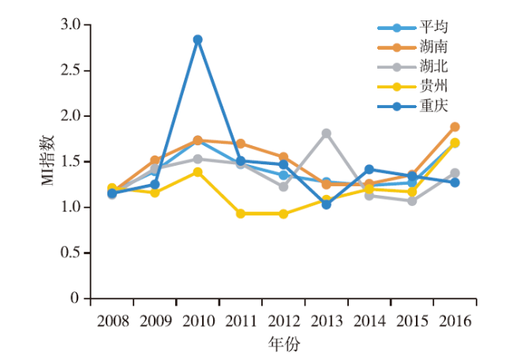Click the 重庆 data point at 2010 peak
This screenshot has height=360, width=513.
[197, 39]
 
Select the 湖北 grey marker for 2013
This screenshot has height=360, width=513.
[326, 133]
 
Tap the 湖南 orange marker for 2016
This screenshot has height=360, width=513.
[455, 127]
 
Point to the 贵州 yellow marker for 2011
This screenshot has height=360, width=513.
[240, 214]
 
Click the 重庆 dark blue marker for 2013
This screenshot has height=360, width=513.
[326, 204]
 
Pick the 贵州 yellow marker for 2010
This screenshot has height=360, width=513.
[197, 172]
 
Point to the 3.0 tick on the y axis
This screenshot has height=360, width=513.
[71, 25]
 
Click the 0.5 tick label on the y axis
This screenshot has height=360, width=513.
[71, 253]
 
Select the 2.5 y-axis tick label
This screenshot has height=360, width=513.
[71, 70]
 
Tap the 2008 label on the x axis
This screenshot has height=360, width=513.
[112, 321]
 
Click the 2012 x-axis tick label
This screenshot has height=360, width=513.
[283, 321]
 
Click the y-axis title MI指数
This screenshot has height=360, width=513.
[49, 161]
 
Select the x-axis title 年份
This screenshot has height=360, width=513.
[284, 344]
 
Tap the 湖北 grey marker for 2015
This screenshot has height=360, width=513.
[412, 201]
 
